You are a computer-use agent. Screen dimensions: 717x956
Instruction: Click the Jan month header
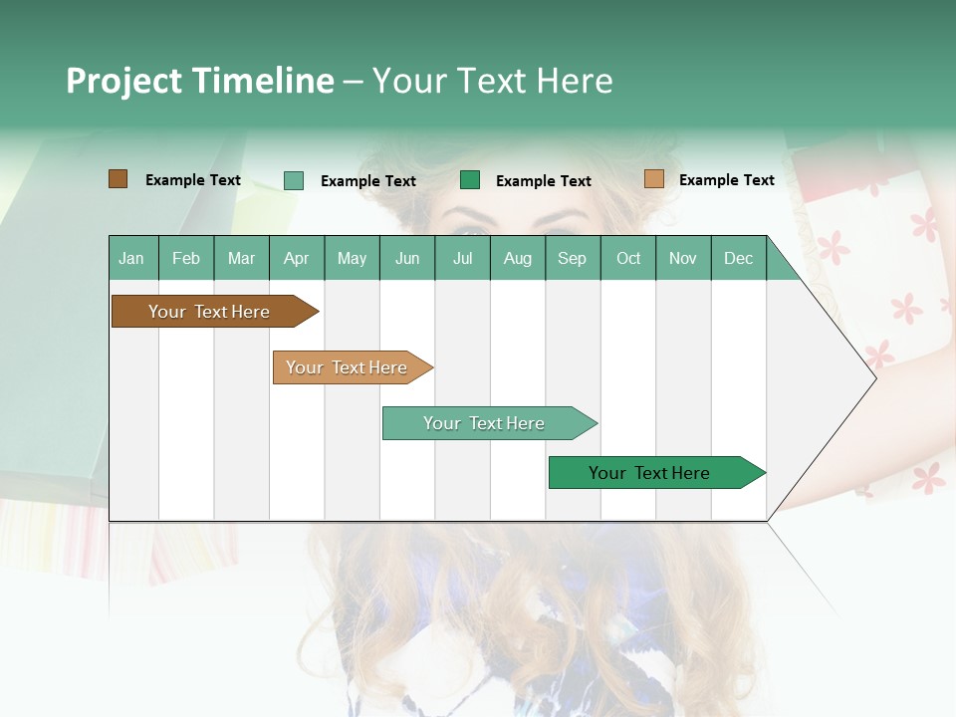tap(131, 258)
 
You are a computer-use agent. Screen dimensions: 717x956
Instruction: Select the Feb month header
tap(186, 258)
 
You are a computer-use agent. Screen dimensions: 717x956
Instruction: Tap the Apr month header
tap(296, 258)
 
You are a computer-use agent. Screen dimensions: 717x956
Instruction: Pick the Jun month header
tap(407, 258)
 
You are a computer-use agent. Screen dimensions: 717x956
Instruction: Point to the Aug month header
tap(517, 258)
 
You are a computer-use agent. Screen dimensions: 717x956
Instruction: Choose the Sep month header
tap(572, 258)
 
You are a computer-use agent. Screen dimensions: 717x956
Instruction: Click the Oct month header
tap(628, 258)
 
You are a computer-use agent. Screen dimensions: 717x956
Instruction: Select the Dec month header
tap(738, 258)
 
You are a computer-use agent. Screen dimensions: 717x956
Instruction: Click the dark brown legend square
tap(118, 179)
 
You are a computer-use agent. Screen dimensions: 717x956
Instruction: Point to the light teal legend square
tap(294, 180)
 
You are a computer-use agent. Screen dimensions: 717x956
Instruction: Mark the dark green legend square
tap(470, 180)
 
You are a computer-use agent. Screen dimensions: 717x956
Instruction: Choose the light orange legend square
tap(653, 179)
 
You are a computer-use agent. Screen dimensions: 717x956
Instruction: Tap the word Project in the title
tap(124, 81)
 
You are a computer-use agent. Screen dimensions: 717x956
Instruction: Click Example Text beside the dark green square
tap(543, 181)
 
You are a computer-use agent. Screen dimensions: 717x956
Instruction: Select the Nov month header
tap(683, 258)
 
